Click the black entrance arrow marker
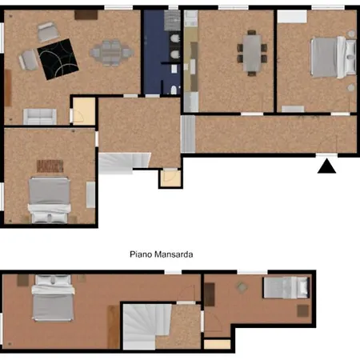[326, 166]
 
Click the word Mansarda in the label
[178, 254]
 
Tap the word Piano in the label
[141, 254]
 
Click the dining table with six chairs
[252, 53]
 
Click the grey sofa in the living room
[39, 116]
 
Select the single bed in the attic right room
[286, 286]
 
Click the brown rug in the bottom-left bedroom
[50, 166]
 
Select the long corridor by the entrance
[272, 134]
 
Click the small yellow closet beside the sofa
[83, 112]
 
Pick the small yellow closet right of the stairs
[170, 178]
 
